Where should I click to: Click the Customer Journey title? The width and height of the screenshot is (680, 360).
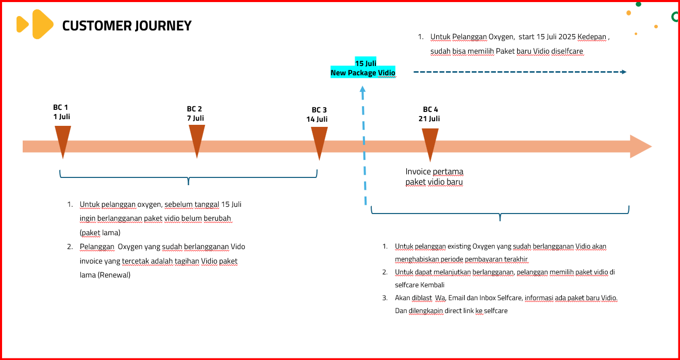click(x=127, y=25)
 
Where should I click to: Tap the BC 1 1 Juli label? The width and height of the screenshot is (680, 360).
click(x=61, y=112)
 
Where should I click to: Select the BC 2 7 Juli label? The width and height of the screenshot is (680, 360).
click(x=195, y=113)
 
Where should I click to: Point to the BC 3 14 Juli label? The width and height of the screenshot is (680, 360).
click(x=317, y=114)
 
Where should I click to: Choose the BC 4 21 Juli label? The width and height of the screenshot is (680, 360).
click(x=429, y=114)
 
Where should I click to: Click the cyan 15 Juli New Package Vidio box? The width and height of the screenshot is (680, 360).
click(x=363, y=68)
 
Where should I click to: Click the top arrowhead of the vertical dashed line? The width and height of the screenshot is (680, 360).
click(x=362, y=89)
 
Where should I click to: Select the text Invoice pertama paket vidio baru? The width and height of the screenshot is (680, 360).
click(x=435, y=176)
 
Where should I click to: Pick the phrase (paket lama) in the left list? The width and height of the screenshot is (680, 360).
click(x=100, y=233)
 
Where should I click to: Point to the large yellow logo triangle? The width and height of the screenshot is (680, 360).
click(x=43, y=24)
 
